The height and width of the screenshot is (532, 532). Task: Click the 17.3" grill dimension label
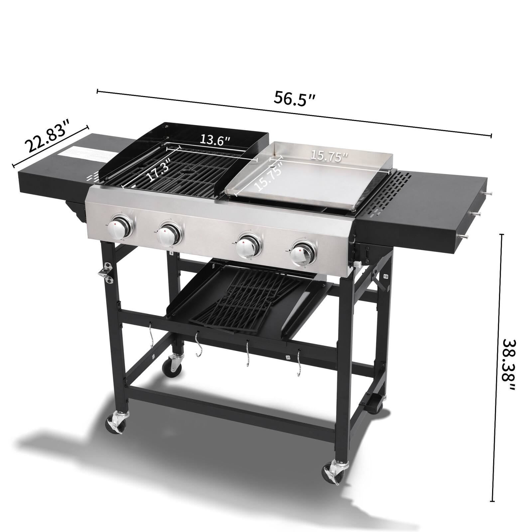click(x=159, y=170)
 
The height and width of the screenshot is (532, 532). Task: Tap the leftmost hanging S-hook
click(x=151, y=336)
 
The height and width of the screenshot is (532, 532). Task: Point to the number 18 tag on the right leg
click(x=386, y=276)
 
